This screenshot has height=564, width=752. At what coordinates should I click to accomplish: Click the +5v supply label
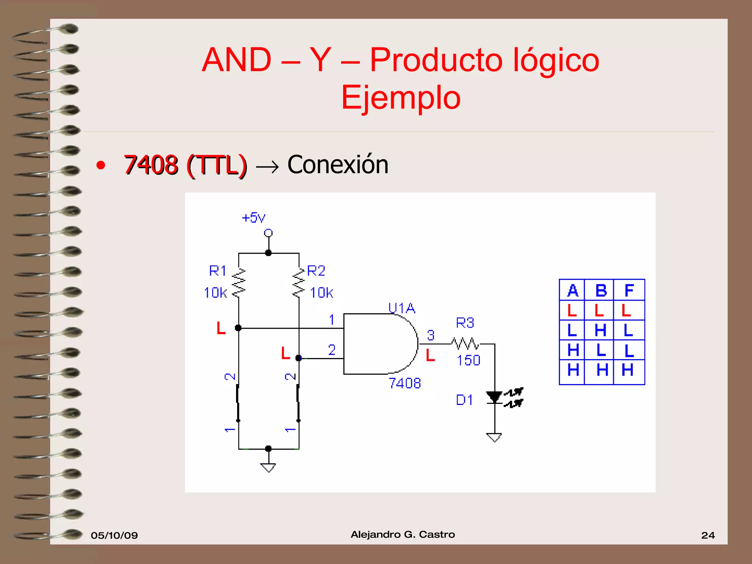point(253,218)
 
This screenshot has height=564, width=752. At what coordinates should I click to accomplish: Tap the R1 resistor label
point(218,271)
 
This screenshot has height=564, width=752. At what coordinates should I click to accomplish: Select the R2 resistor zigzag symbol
point(299,283)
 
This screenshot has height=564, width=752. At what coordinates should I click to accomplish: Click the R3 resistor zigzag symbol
point(465,344)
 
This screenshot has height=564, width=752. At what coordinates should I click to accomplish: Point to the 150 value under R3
point(469,360)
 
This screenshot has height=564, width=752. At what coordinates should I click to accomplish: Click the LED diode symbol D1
point(495,397)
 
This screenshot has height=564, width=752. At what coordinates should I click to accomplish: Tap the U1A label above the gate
point(402,308)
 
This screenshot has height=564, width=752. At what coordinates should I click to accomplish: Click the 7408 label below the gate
point(405,383)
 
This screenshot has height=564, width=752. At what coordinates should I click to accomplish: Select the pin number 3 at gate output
point(431,335)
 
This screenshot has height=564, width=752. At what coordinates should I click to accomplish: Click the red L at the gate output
point(430,355)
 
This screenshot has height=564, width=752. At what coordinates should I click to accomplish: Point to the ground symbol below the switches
point(268,467)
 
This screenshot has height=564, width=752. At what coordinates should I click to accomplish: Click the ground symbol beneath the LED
point(494,437)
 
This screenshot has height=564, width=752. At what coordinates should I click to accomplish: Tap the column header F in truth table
point(629,290)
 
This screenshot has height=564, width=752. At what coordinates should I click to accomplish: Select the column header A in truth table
point(572,290)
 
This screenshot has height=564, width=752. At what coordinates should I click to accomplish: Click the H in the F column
point(628,370)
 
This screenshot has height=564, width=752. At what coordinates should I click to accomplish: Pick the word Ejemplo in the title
point(401,98)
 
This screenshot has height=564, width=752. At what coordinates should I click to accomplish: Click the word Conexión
point(337,164)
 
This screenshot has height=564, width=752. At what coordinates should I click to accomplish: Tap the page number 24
point(708,535)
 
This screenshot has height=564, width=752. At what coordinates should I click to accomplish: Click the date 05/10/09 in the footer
point(114,535)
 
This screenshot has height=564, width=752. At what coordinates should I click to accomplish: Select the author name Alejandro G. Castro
point(403,535)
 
